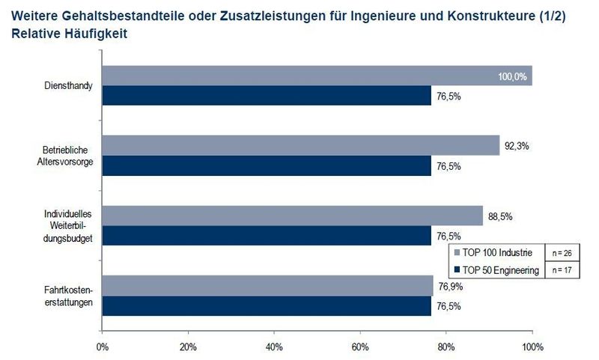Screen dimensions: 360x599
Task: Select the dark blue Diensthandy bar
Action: (267, 96)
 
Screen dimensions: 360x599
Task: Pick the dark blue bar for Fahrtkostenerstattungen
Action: (267, 306)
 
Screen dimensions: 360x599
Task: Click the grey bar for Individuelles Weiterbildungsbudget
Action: (292, 216)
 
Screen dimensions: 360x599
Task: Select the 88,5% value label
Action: (499, 217)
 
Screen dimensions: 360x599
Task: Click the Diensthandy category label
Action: (68, 86)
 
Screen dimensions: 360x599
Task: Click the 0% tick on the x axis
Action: (103, 347)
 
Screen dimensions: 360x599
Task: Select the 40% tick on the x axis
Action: (274, 347)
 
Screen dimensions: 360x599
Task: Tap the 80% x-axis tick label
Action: (446, 347)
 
